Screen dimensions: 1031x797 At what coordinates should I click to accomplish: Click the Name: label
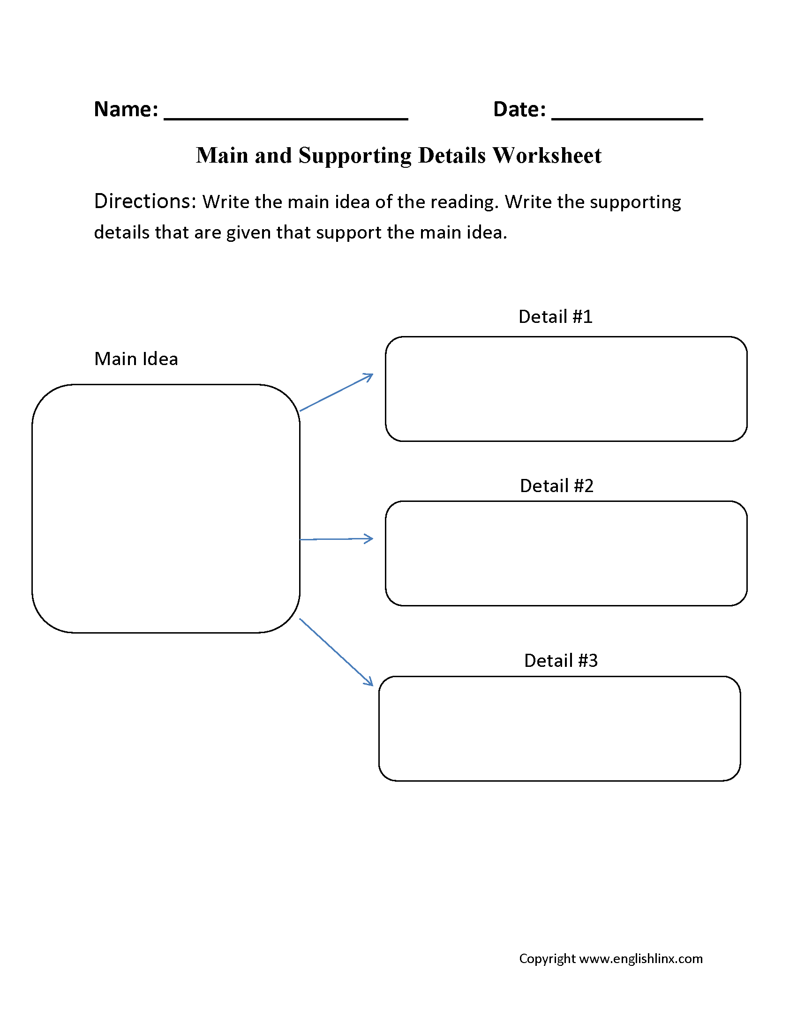coord(126,110)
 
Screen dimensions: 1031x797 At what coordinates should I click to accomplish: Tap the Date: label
coord(519,110)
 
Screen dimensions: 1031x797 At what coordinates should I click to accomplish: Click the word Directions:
coord(145,202)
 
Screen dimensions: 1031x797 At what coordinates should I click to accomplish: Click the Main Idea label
coord(136,359)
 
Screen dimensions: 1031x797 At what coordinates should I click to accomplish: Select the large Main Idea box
coord(165,508)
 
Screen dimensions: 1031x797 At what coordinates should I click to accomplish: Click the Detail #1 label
coord(555,317)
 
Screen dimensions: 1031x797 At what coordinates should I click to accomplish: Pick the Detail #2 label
coord(556,486)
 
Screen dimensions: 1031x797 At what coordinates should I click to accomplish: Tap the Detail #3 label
coord(561,661)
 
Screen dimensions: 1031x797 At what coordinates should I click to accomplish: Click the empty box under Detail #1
coord(566,389)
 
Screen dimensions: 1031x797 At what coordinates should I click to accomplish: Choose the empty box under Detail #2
coord(566,553)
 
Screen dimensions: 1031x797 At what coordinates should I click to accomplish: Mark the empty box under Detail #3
coord(559,729)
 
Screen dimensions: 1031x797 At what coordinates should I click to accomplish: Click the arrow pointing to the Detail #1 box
coord(336,393)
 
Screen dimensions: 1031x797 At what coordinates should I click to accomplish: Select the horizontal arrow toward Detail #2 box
coord(336,539)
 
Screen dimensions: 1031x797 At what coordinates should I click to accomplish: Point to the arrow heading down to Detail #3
coord(336,652)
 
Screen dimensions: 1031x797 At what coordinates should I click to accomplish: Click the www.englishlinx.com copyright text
coord(640,958)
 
